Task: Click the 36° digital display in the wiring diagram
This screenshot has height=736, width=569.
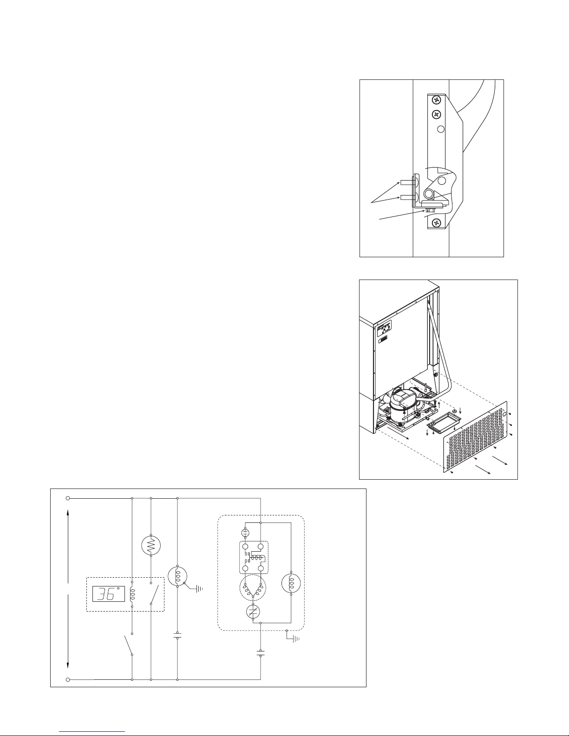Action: (108, 594)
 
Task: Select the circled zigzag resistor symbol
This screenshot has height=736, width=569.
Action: (150, 546)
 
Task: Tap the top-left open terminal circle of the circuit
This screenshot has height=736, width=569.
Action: (68, 498)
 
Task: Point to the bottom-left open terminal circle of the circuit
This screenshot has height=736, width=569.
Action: (68, 679)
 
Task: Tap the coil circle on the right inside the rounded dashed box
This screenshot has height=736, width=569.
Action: (291, 583)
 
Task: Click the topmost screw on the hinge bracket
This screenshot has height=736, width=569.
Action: (436, 100)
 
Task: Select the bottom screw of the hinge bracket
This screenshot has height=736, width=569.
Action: (436, 222)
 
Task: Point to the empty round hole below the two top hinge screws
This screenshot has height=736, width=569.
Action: (441, 129)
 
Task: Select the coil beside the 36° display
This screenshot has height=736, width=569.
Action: (132, 594)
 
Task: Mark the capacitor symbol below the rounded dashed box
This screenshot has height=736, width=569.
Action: (260, 653)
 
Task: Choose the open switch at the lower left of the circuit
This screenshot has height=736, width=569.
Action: (128, 645)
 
